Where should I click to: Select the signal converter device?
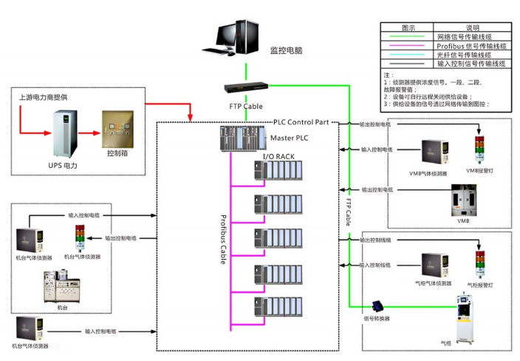(x=380, y=306)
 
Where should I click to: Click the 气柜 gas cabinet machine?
(x=468, y=317)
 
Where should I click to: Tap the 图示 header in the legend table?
(x=408, y=27)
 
